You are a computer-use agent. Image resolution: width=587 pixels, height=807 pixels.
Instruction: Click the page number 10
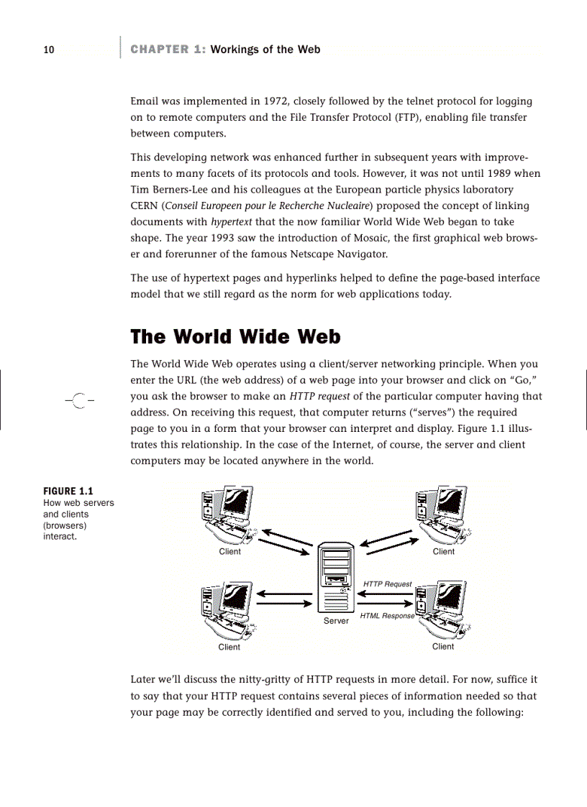click(x=48, y=50)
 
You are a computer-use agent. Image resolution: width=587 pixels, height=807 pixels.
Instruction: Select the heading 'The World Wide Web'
click(x=235, y=337)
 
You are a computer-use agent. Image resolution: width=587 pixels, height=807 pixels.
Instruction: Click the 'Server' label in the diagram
click(x=336, y=620)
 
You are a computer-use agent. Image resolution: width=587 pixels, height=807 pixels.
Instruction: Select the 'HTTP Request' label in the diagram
click(x=387, y=584)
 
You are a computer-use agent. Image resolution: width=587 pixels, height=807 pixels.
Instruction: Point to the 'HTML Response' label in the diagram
click(x=387, y=616)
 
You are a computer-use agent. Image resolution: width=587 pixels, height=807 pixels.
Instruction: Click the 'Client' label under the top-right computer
click(x=443, y=552)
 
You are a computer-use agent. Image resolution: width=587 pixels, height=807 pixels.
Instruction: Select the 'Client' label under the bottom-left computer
click(x=229, y=647)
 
